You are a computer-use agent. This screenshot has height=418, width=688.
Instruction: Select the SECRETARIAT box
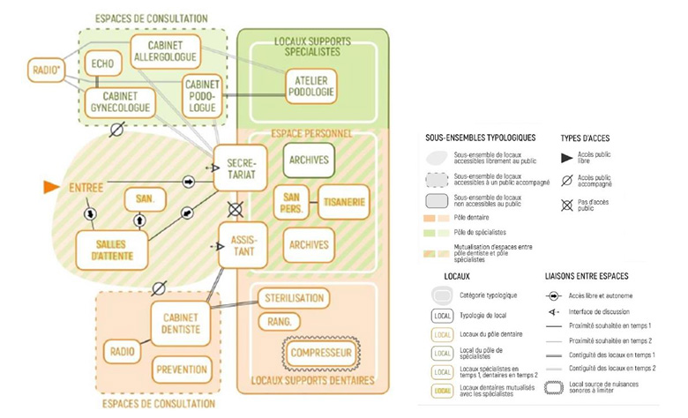point(240,168)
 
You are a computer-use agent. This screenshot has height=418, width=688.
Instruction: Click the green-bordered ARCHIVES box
point(308,160)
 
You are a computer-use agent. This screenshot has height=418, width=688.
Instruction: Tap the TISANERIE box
point(341,202)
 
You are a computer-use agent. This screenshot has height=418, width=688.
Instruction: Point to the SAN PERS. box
point(293,202)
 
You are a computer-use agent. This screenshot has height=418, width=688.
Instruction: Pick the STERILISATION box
point(295,298)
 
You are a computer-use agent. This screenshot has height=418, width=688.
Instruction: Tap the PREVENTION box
point(181,369)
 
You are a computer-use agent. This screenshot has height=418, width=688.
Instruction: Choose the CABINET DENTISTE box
point(181,323)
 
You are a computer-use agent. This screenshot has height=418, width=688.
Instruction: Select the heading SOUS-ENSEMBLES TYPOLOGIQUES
point(480,138)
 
